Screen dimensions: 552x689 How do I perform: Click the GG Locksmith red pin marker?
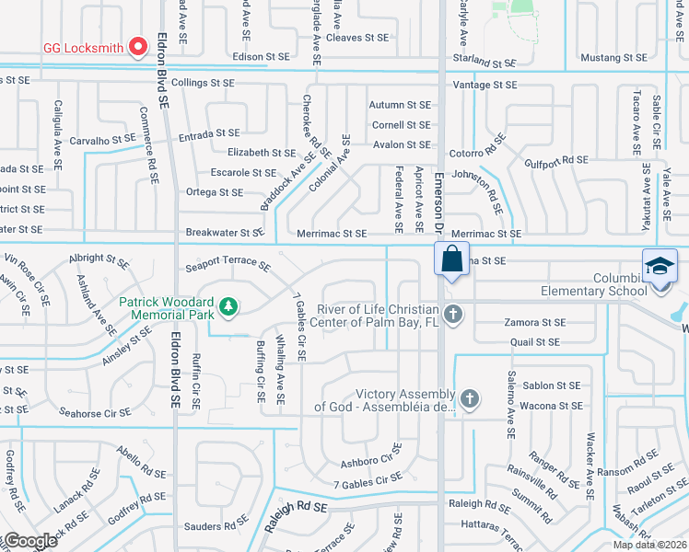tap(138, 44)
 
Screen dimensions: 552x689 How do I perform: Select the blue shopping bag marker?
tap(451, 259)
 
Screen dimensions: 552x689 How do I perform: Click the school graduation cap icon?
tap(660, 266)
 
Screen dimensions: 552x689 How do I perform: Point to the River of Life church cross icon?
tap(451, 316)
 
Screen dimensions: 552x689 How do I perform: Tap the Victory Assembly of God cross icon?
tap(469, 398)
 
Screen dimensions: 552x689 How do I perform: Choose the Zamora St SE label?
tap(534, 323)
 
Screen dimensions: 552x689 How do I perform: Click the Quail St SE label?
tap(535, 342)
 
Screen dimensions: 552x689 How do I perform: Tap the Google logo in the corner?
tap(29, 541)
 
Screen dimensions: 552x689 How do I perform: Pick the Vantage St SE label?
tap(486, 85)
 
